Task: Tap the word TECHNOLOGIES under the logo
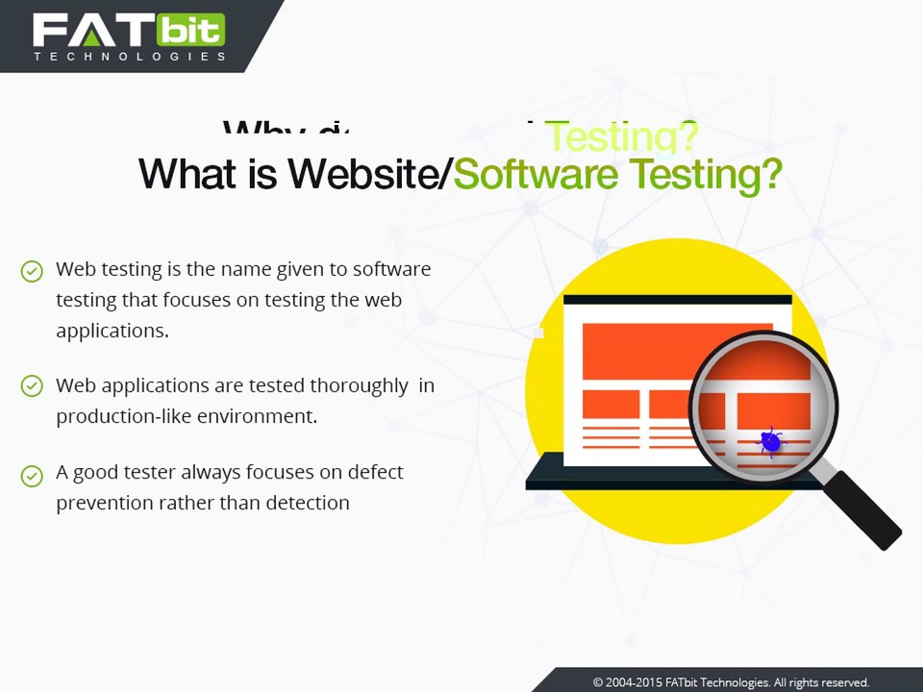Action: [130, 57]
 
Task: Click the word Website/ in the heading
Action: [370, 174]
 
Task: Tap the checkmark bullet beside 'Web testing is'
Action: [32, 271]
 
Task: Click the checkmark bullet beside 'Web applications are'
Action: [32, 386]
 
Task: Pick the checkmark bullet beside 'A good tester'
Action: [32, 474]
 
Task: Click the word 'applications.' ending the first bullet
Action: [112, 331]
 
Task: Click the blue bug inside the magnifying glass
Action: [770, 441]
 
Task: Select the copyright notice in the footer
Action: [731, 682]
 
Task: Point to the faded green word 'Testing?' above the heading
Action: [621, 137]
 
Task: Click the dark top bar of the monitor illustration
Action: [677, 300]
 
